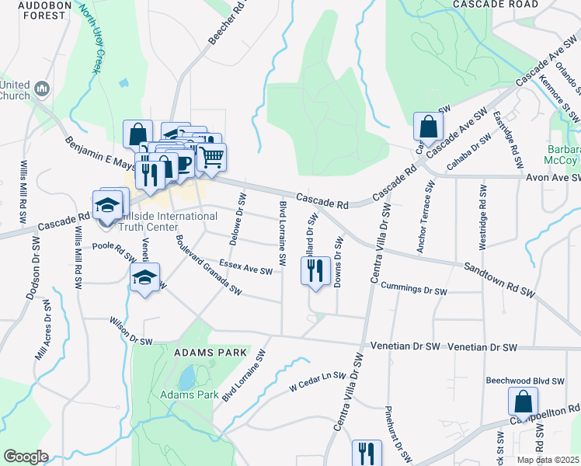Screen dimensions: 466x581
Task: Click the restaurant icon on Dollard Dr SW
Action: (313, 272)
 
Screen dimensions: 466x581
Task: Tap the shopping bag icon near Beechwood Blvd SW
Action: (524, 402)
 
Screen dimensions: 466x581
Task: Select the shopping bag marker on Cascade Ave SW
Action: (428, 126)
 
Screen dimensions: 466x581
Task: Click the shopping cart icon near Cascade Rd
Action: (211, 157)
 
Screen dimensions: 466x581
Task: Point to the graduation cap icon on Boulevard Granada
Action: (144, 280)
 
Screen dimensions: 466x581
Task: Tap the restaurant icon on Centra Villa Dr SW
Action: (367, 454)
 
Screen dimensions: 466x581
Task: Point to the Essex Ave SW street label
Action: (245, 267)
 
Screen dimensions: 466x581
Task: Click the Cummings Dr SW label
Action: (414, 288)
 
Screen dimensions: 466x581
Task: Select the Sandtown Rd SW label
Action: (500, 280)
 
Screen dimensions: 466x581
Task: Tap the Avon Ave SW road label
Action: (552, 177)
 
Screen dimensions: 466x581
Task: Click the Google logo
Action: (26, 457)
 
